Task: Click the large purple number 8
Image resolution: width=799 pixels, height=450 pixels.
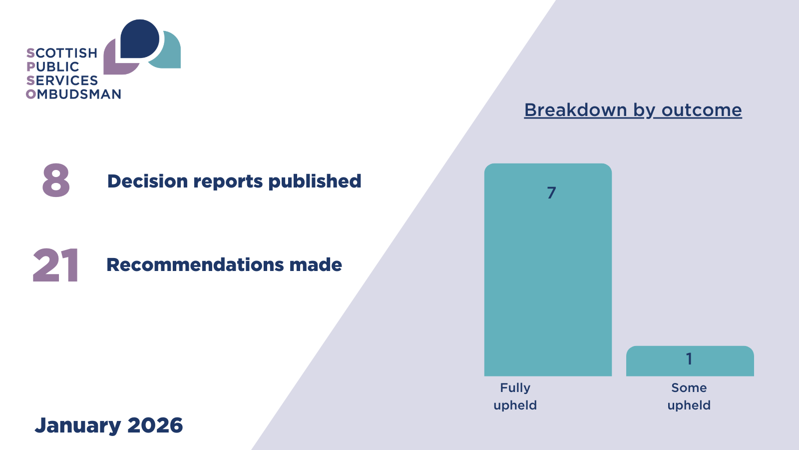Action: click(56, 180)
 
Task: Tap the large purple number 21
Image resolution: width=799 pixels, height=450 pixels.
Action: click(55, 265)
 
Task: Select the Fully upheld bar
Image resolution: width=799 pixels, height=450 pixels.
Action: click(548, 269)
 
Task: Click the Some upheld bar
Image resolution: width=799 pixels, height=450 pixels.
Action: click(690, 360)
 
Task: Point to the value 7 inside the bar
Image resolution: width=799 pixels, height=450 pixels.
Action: click(551, 193)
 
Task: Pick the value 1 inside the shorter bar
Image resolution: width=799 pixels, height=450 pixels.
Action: click(689, 359)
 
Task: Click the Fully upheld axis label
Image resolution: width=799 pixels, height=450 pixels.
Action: click(515, 396)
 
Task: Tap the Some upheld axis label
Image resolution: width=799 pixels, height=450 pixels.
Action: click(689, 396)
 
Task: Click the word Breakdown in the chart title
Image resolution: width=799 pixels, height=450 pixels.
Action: click(575, 109)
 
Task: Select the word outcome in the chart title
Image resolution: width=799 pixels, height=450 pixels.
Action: click(702, 110)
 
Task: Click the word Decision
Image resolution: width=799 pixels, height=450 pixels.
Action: click(147, 181)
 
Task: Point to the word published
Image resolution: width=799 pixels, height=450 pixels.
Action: click(315, 181)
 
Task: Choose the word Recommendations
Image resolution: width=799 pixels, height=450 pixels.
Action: click(195, 265)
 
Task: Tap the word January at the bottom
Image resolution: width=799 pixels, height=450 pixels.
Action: click(78, 425)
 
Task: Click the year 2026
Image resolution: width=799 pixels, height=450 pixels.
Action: click(155, 425)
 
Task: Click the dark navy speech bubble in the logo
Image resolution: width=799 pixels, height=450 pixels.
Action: click(139, 38)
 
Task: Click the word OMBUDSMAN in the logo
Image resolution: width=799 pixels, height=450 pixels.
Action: click(73, 94)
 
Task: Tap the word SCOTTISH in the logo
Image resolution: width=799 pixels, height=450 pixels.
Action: click(62, 53)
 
